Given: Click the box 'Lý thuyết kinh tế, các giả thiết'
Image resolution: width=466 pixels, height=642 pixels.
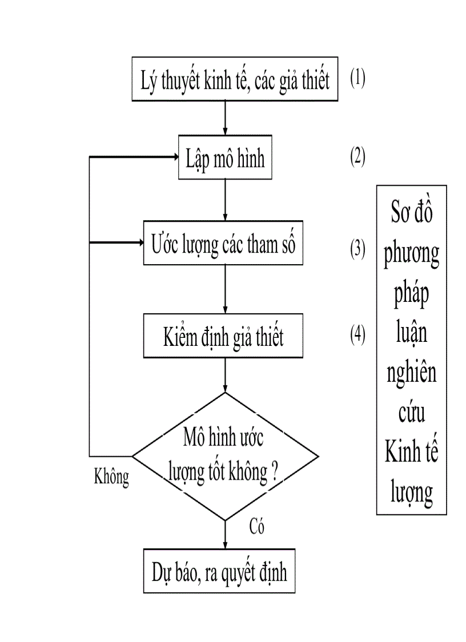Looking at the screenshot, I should (x=235, y=79).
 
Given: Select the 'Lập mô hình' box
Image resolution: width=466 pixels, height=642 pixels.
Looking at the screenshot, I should (x=225, y=158).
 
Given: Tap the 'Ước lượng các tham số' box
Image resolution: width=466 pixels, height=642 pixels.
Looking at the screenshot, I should (x=223, y=244).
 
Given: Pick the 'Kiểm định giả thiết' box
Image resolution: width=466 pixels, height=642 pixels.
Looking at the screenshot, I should (x=223, y=337).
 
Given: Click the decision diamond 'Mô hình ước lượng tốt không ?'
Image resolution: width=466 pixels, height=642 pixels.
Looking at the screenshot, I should (x=225, y=456).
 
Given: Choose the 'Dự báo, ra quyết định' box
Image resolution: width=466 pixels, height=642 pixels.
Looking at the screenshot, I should (x=219, y=572).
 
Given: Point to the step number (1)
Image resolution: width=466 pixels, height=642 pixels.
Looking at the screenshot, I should (x=358, y=78).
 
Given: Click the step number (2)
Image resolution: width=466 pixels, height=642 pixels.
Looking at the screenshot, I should (x=358, y=157).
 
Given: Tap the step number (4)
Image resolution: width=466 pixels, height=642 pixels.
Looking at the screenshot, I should (x=358, y=336).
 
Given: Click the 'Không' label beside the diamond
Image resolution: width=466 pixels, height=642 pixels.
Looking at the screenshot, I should (x=111, y=477).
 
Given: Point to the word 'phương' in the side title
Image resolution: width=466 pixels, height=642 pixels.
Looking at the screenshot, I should (x=411, y=254).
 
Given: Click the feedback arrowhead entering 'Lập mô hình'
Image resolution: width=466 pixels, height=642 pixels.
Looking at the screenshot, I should (x=174, y=157).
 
